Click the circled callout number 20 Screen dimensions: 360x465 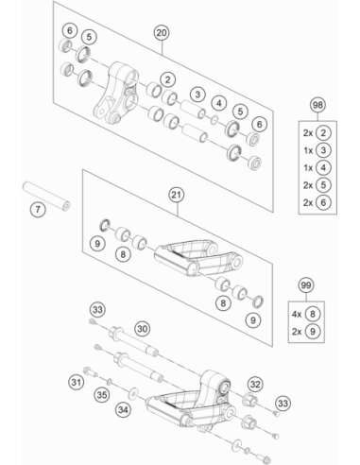pos(162,33)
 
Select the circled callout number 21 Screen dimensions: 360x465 pos(176,195)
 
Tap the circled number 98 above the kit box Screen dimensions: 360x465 pos(317,105)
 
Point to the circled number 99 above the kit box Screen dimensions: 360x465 pos(306,285)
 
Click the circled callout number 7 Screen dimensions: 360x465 pos(38,209)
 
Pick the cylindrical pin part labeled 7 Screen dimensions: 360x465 pos(46,196)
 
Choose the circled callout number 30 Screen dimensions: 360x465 pos(143,329)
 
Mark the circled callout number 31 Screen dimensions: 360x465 pos(76,382)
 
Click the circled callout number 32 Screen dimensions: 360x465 pos(255,384)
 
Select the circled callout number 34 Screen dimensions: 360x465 pos(123,409)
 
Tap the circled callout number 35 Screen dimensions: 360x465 pos(102,395)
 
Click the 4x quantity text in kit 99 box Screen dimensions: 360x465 pos(297,314)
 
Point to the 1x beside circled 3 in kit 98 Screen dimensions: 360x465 pos(308,150)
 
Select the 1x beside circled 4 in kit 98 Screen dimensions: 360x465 pos(308,168)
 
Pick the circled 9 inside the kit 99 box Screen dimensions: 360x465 pos(313,332)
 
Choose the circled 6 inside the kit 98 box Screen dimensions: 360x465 pos(323,202)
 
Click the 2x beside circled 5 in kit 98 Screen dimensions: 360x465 pos(308,185)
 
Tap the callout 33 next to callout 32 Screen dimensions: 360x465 pos(283,403)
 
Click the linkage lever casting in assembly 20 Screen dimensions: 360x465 pos(116,93)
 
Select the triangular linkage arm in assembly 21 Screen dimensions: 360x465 pos(198,258)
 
